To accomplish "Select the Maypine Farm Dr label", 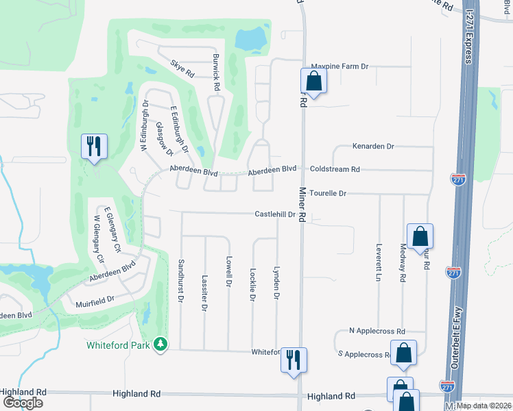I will tap(341, 66).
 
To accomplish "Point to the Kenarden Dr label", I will tap(373, 147).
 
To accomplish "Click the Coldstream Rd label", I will tap(335, 169).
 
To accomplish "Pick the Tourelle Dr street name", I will tap(328, 193).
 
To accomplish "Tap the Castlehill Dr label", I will tap(274, 214).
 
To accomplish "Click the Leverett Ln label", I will tap(378, 262).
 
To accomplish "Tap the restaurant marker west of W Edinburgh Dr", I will tap(92, 147).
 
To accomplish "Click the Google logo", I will tap(22, 403).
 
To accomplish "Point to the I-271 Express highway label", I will tap(470, 33).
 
